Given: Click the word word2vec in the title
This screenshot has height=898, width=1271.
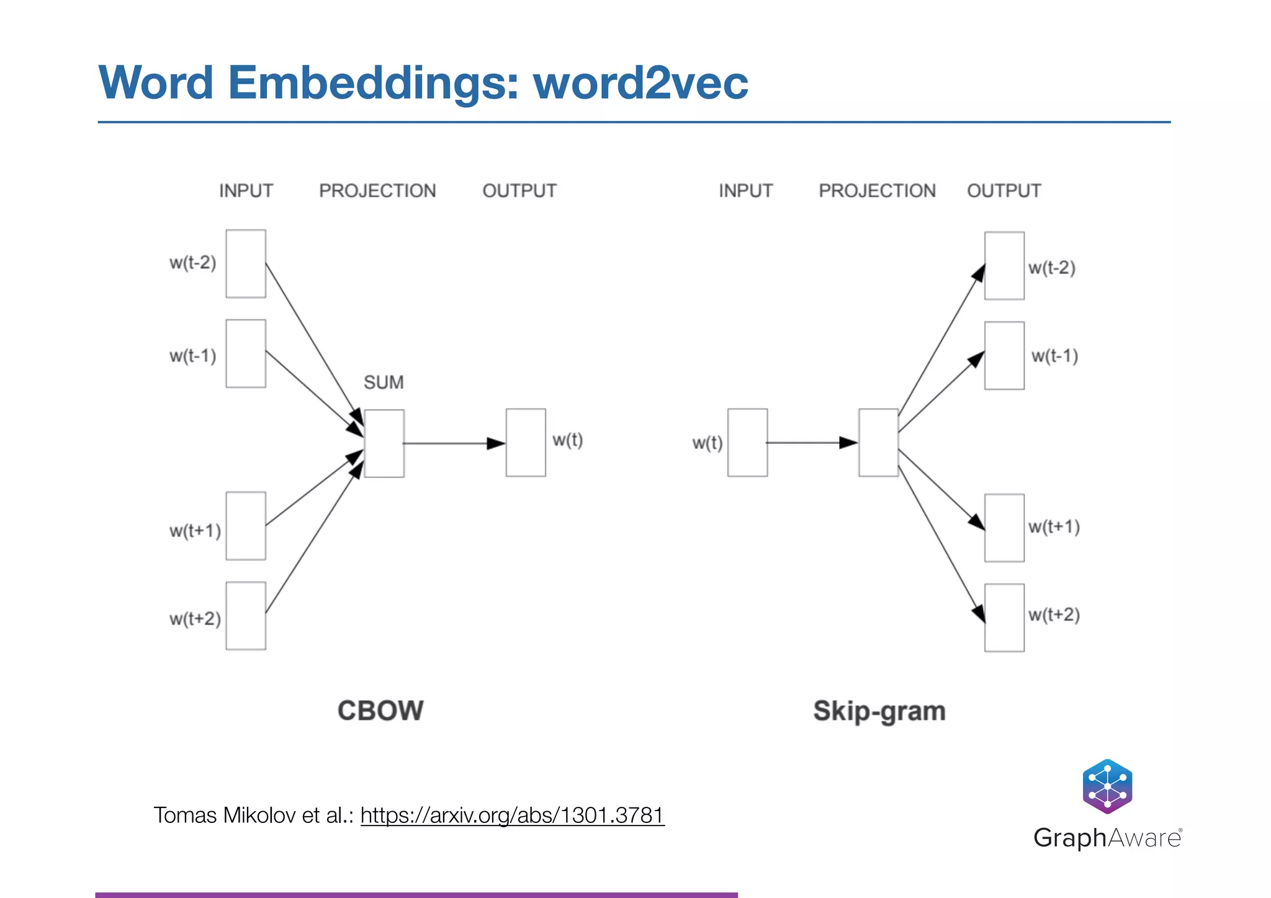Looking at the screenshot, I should pos(640,82).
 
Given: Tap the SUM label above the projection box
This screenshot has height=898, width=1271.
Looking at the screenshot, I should pos(384,382).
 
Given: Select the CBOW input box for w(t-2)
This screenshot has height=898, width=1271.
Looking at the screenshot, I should pos(246,264).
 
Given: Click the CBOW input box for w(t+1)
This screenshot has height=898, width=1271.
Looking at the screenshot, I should pos(246,526).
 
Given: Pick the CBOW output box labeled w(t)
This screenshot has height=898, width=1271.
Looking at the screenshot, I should pos(526,442).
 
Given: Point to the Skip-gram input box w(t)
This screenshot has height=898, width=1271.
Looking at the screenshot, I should pos(747,442).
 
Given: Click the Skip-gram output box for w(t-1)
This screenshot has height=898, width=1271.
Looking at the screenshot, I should pos(1004,355).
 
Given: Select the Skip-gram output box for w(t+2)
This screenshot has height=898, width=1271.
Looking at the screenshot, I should pos(1004,618).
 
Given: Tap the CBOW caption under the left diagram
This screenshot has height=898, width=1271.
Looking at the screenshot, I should pos(380,711).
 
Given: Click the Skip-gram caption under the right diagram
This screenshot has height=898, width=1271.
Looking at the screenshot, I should pos(879,711).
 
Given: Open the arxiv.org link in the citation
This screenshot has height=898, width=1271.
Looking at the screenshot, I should pos(512,815).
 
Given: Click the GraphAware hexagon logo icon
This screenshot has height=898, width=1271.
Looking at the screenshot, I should pos(1107,786).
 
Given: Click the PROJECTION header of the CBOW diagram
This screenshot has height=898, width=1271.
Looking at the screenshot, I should pos(377,190).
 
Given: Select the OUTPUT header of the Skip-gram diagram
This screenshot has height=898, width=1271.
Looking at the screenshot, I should pos(1004,190).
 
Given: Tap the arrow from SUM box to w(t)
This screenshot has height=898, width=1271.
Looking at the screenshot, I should pos(453,443).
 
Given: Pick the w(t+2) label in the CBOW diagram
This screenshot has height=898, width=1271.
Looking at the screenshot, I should pos(195,618).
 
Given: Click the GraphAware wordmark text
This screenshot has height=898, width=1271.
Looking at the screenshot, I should pos(1107,838).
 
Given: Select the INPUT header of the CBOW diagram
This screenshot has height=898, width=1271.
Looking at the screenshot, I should pos(246,190).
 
